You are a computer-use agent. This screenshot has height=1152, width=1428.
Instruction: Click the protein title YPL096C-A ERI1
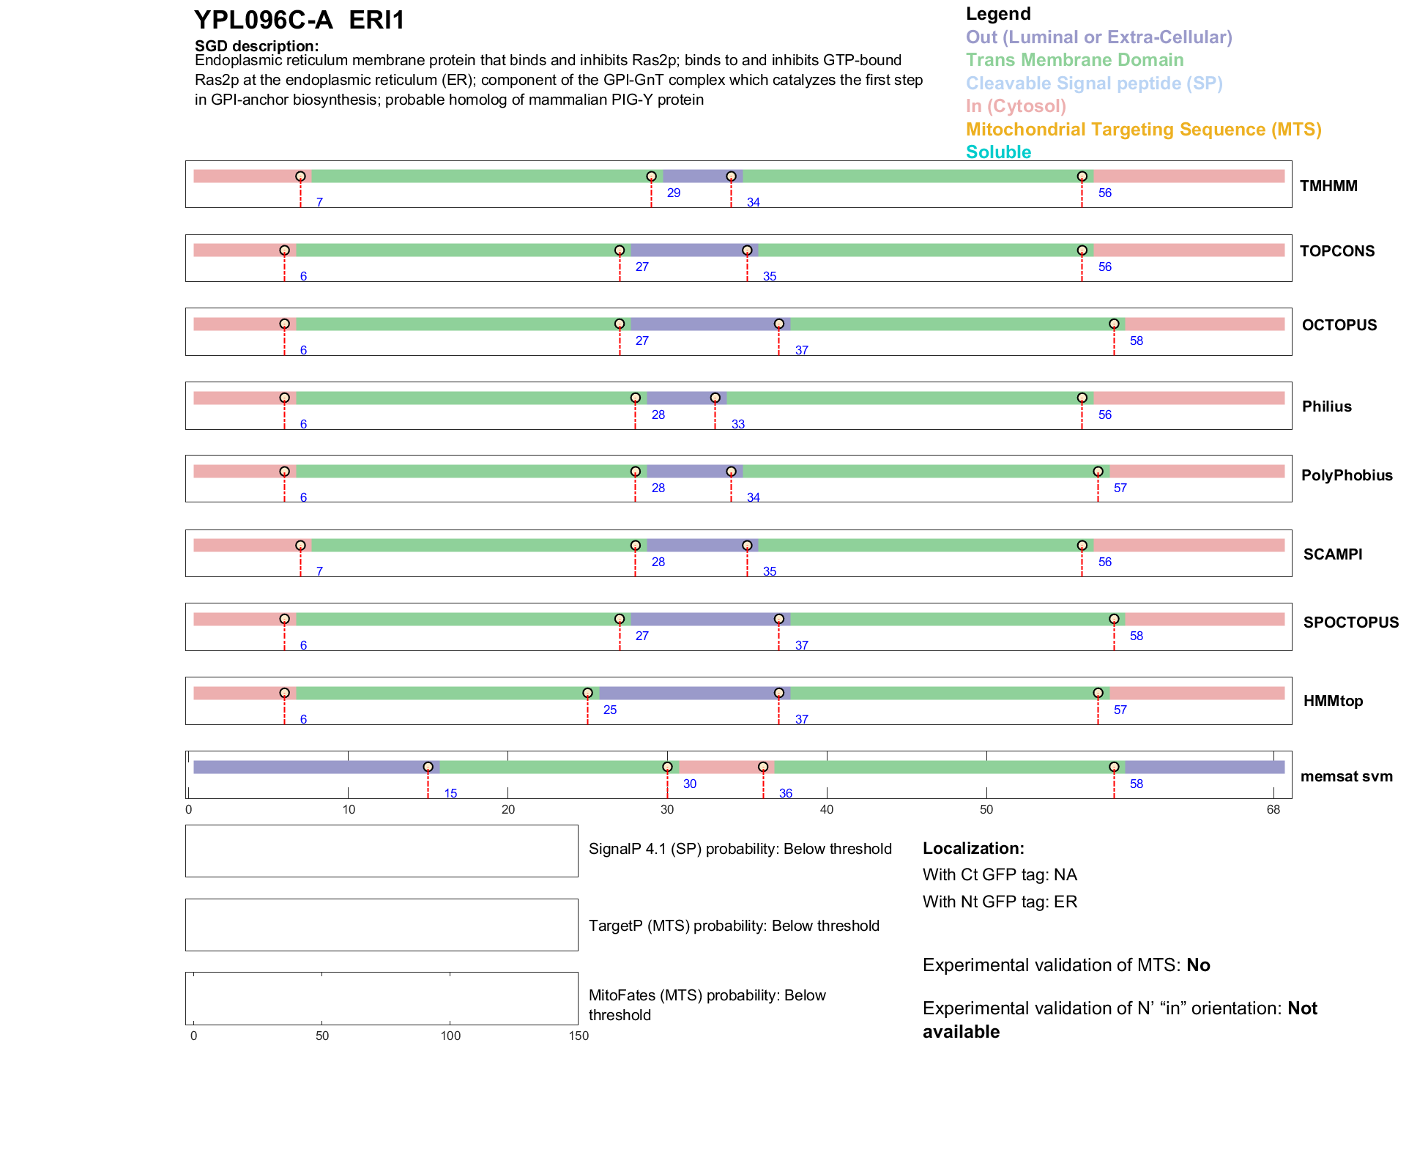(x=299, y=21)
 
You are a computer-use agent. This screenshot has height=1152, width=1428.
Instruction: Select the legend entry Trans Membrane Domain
(x=1074, y=60)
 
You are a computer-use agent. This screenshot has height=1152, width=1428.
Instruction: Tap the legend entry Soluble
(x=998, y=152)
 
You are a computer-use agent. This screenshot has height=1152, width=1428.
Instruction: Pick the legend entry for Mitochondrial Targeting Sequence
(x=1143, y=130)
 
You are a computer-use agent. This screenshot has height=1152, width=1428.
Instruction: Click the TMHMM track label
(x=1328, y=186)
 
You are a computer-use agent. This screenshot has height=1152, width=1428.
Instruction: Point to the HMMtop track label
(x=1333, y=701)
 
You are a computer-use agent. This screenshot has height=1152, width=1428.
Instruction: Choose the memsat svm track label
(x=1346, y=776)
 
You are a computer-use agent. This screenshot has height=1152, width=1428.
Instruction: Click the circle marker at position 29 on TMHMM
(x=651, y=176)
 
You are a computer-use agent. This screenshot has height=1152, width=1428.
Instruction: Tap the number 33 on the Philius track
(x=737, y=425)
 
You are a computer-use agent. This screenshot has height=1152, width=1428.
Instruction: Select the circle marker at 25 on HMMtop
(x=587, y=693)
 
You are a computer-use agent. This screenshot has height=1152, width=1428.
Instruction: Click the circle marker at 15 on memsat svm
(x=428, y=767)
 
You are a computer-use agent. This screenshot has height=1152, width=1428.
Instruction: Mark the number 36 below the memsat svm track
(x=785, y=794)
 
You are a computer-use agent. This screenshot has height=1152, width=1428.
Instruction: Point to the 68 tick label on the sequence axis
(x=1273, y=809)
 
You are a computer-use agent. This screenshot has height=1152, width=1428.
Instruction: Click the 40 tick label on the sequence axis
(x=827, y=809)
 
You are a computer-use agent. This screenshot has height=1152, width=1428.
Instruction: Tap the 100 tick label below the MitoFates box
(x=450, y=1036)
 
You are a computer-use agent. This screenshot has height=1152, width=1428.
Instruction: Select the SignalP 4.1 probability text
(x=740, y=849)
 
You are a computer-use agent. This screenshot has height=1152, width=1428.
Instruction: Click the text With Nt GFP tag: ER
(x=1000, y=902)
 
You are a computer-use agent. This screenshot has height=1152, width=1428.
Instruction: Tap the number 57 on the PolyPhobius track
(x=1120, y=488)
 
